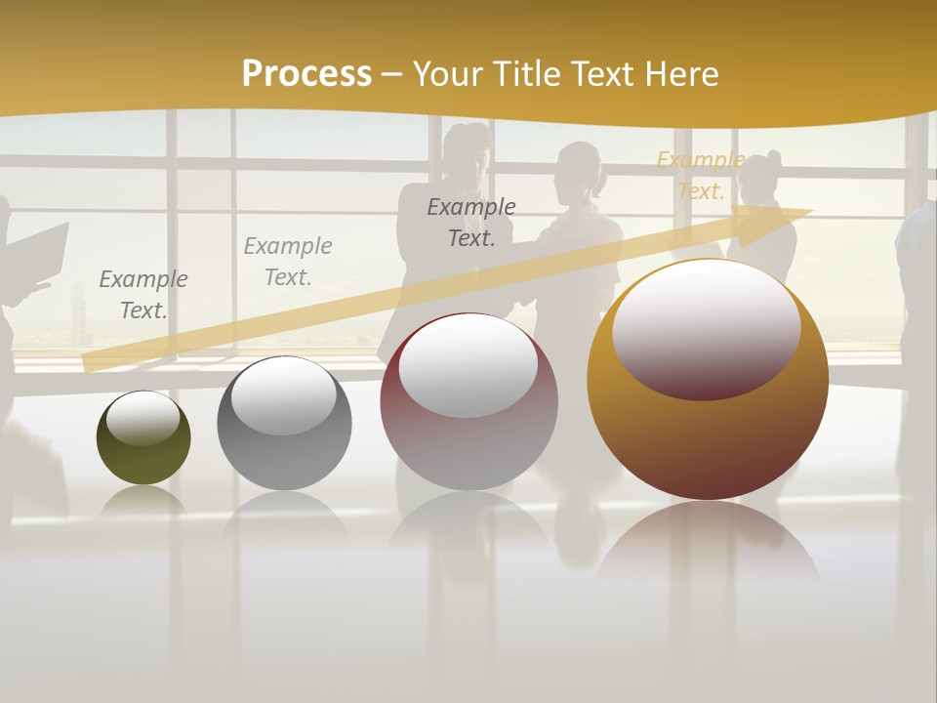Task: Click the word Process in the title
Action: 306,74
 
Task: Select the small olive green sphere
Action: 143,459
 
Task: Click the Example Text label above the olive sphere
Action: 143,294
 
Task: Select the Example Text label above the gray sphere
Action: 288,261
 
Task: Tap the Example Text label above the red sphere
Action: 471,222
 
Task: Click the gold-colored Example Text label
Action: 701,176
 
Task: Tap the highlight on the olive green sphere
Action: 143,419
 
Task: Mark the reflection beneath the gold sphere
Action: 708,547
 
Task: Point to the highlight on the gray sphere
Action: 283,395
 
